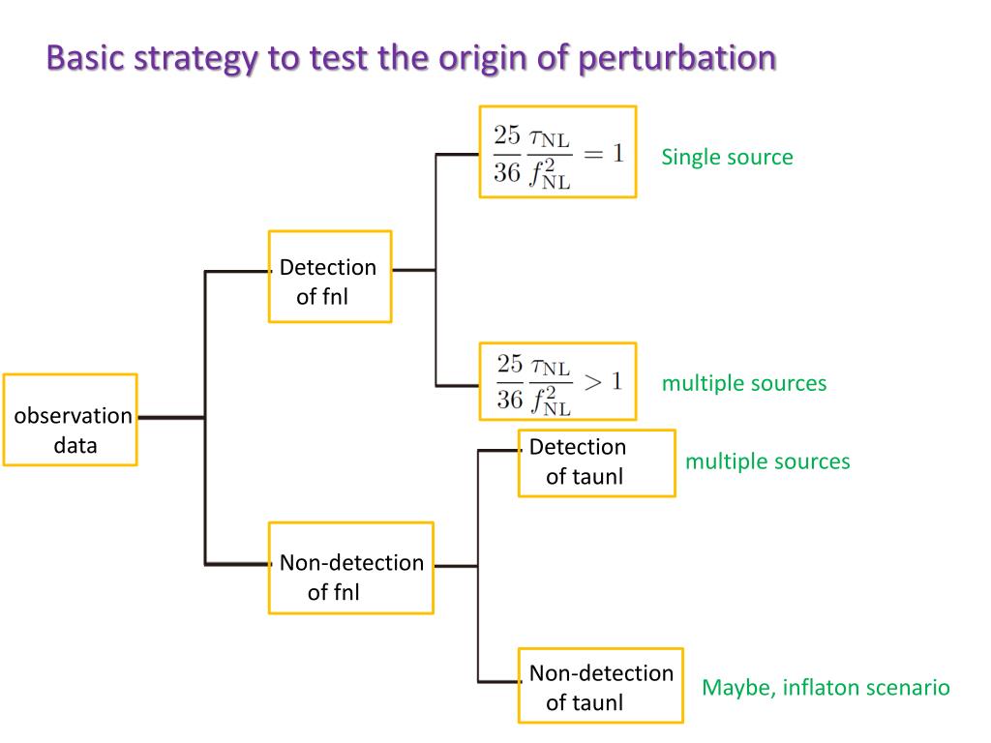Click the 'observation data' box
(x=70, y=420)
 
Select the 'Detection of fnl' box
(x=329, y=277)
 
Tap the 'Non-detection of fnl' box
(x=350, y=568)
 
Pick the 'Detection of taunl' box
(x=596, y=462)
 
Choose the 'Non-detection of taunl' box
(x=600, y=686)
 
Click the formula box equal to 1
(x=557, y=152)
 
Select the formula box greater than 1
(x=557, y=381)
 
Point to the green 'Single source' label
(x=727, y=157)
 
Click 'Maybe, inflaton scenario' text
(x=826, y=688)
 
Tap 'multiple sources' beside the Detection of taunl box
(x=767, y=461)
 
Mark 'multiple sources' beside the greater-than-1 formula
(x=744, y=383)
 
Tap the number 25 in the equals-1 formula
(x=508, y=136)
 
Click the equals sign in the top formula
(x=593, y=152)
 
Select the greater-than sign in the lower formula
(x=593, y=380)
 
